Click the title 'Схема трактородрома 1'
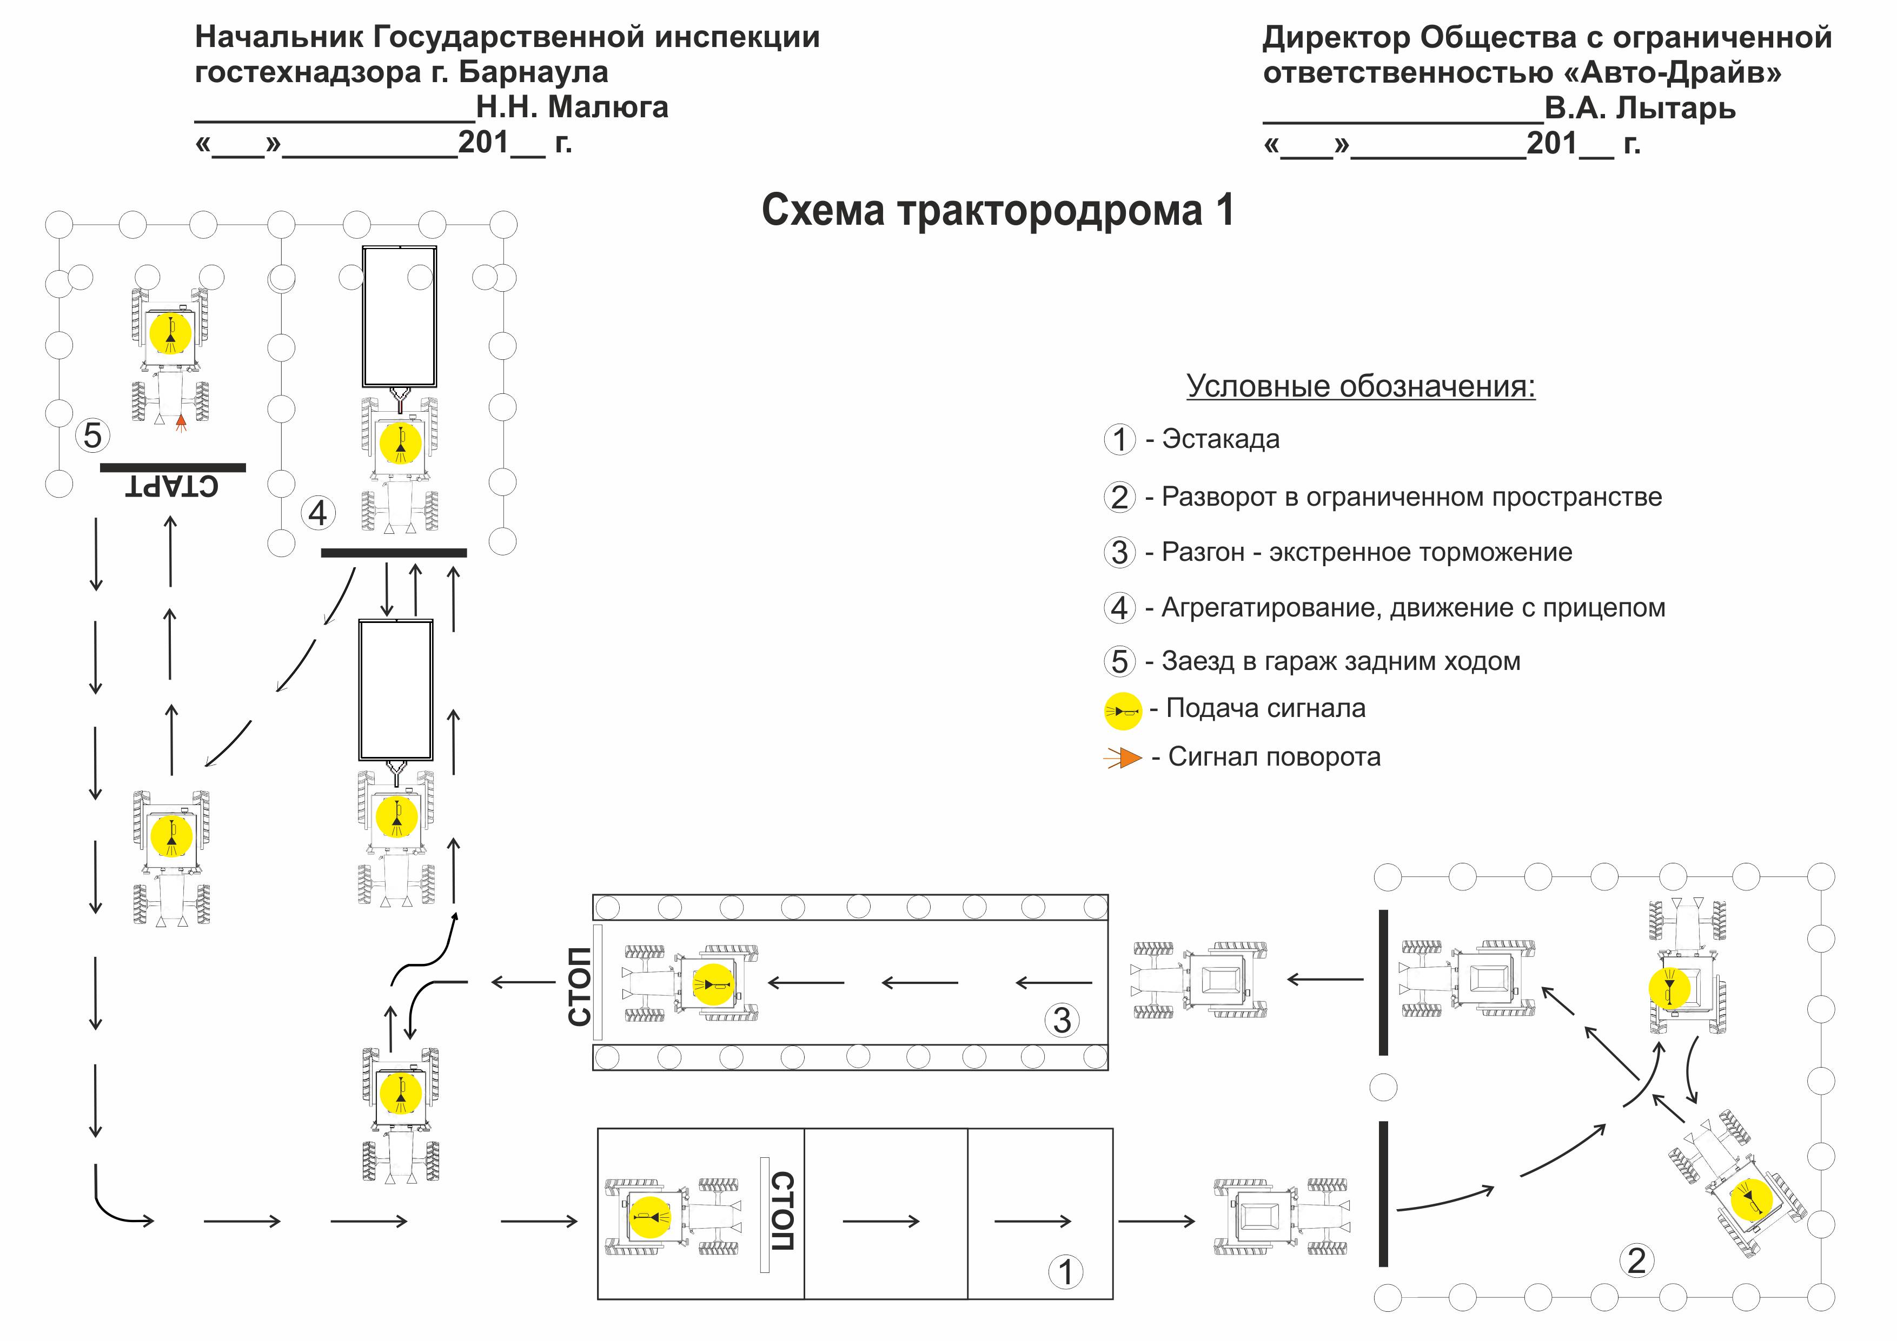997,211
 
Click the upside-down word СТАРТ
172,486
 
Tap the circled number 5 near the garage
92,435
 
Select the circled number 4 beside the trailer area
318,514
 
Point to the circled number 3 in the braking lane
1063,1021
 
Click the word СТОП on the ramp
781,1211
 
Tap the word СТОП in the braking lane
580,986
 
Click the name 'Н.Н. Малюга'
572,108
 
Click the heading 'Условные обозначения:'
1360,386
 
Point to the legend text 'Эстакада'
1221,439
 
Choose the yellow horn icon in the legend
1123,711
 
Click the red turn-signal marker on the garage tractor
181,423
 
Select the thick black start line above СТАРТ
173,467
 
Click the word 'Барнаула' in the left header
533,72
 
